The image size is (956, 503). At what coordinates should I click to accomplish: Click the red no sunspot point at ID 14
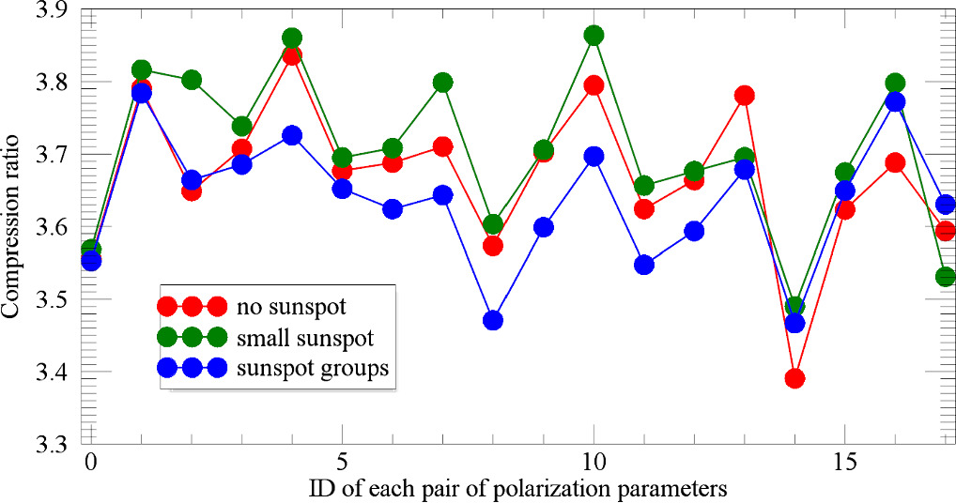(x=794, y=378)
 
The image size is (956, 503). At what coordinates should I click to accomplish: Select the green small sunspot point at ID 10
(x=594, y=35)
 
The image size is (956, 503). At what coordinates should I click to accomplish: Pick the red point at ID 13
(x=745, y=95)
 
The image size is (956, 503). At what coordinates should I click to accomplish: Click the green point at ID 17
(x=946, y=277)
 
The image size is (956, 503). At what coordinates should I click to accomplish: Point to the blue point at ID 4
(x=292, y=135)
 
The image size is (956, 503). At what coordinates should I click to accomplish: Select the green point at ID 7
(x=443, y=83)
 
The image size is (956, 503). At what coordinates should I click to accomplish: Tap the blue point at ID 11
(x=644, y=265)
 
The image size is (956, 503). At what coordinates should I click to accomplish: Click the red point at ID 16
(x=895, y=162)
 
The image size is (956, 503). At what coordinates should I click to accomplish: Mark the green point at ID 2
(x=192, y=80)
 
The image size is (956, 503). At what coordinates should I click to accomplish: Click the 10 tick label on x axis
(x=594, y=465)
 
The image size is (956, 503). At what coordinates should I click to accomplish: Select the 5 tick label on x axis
(x=342, y=465)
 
